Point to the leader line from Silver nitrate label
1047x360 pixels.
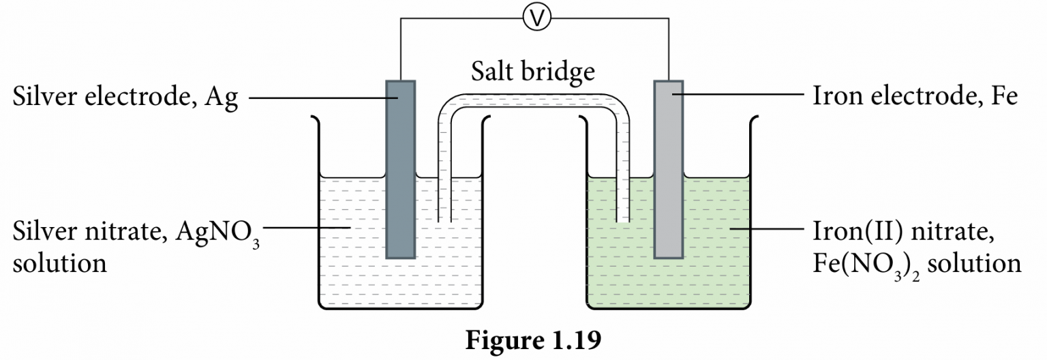[x=307, y=227]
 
